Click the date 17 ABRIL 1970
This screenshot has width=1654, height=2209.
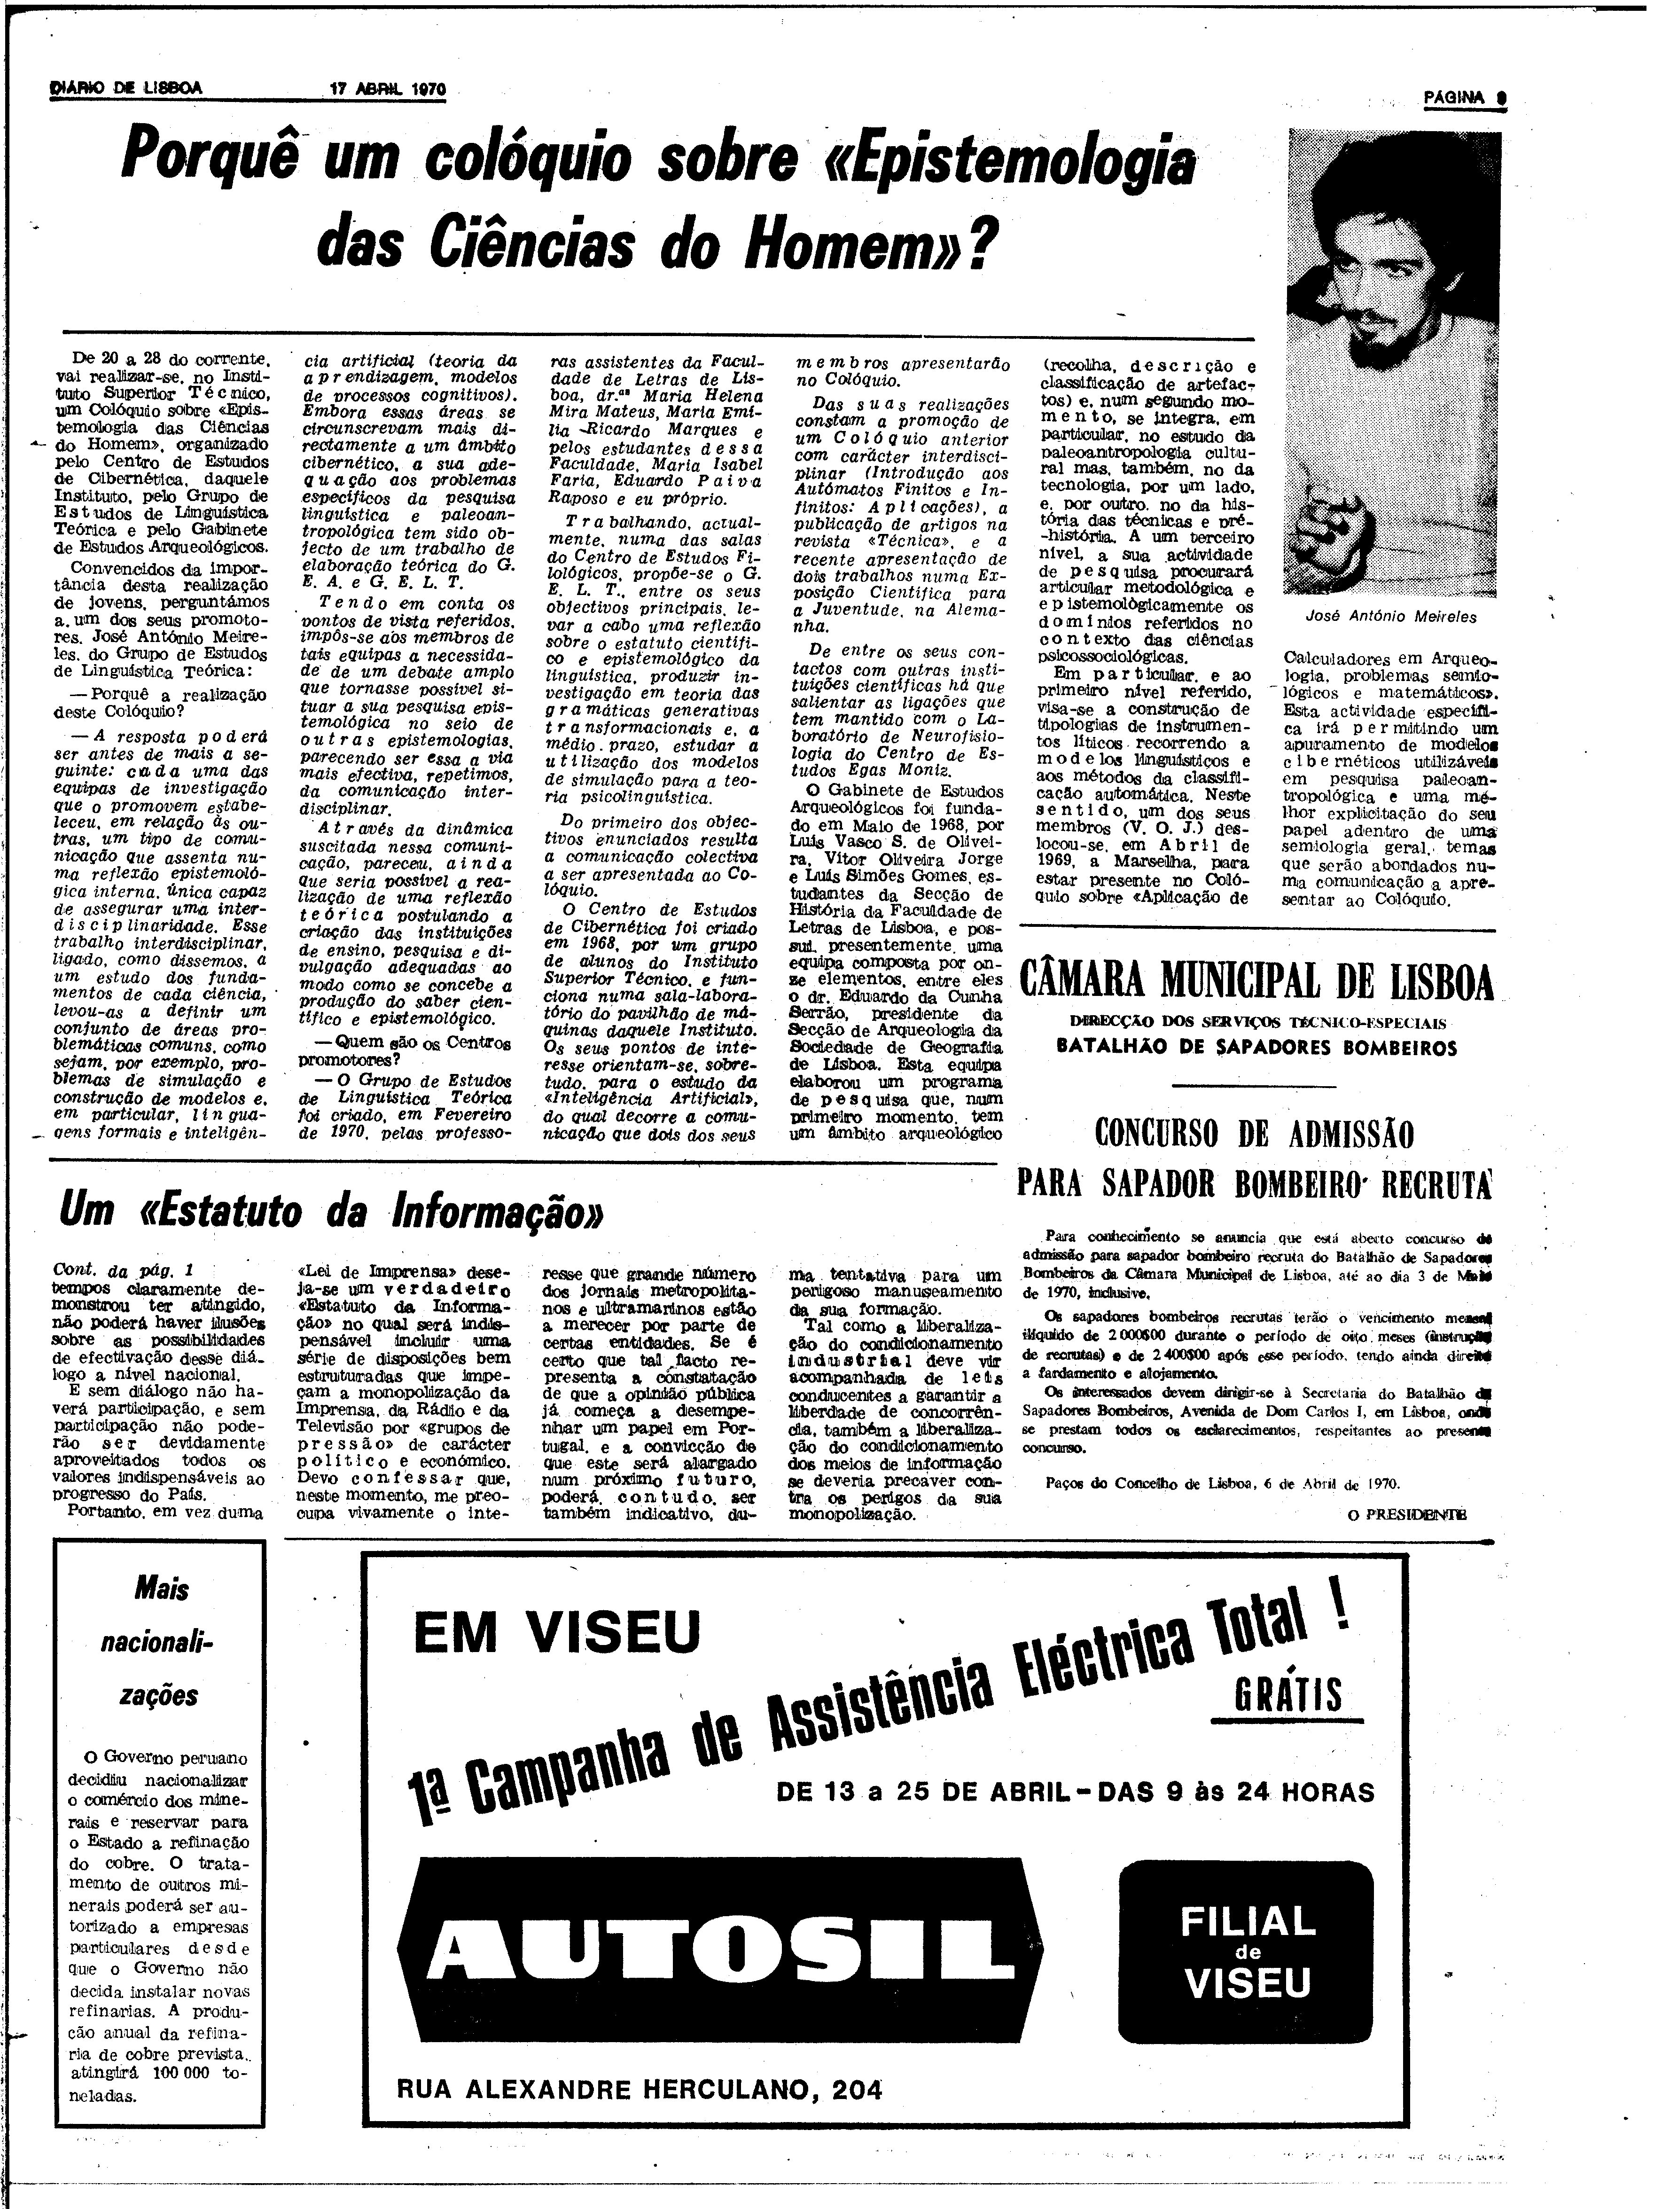(x=387, y=89)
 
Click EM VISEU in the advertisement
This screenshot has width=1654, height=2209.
(x=557, y=1634)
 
